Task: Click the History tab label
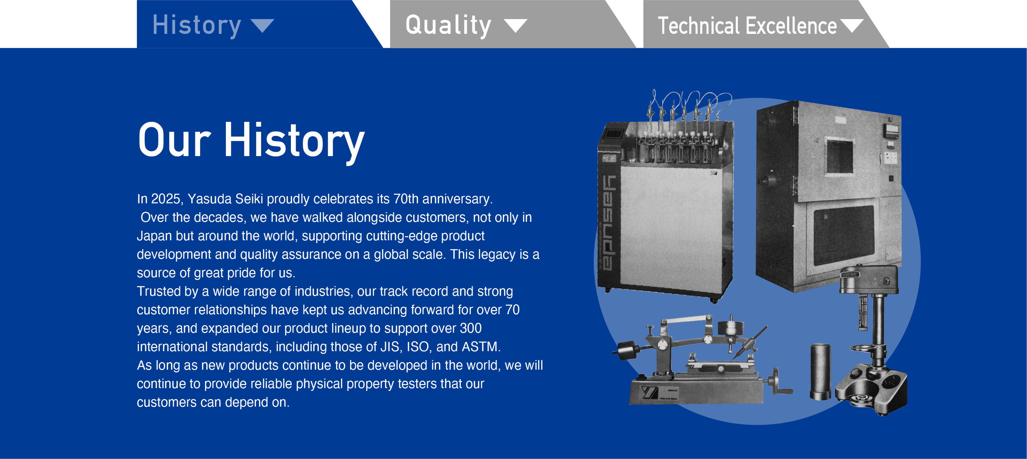[x=196, y=25]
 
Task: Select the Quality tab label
[x=448, y=25]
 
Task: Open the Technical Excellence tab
[x=747, y=26]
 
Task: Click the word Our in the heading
[x=174, y=140]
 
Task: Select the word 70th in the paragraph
[x=406, y=199]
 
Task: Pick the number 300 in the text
[x=471, y=328]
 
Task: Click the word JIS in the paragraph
[x=389, y=346]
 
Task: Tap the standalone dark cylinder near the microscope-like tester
[x=821, y=371]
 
